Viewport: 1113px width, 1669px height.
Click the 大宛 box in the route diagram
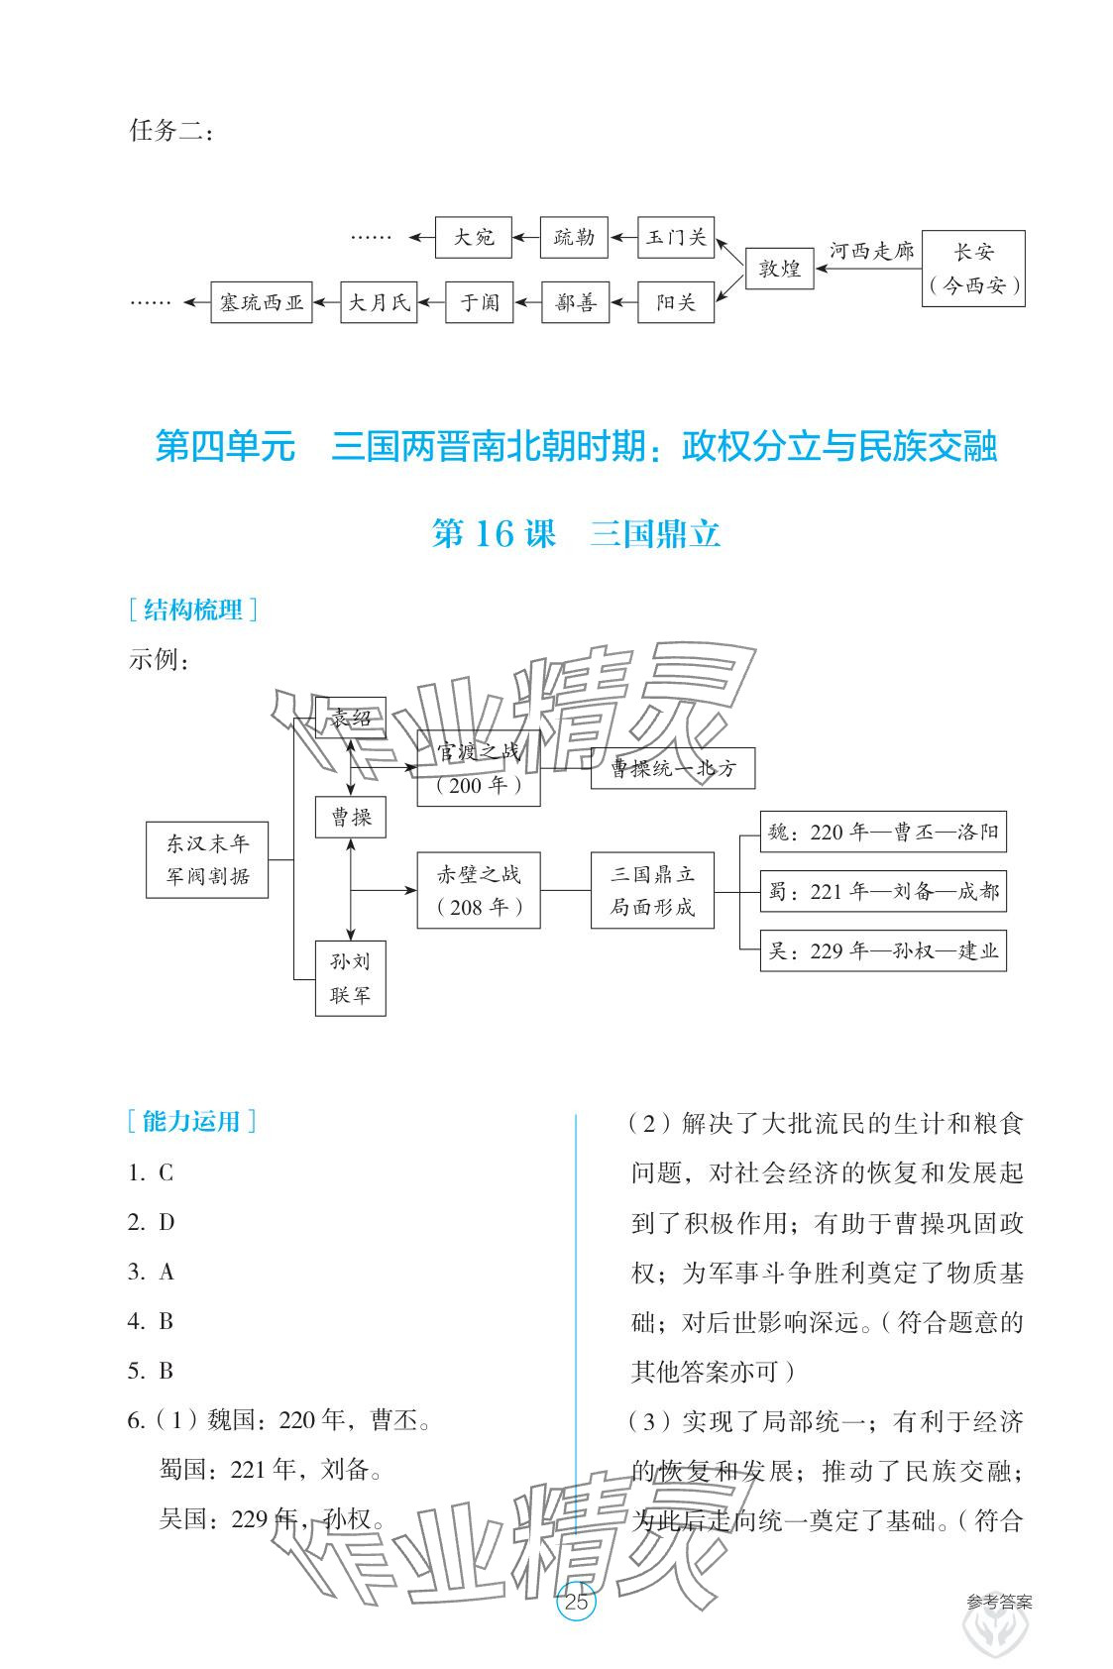point(473,238)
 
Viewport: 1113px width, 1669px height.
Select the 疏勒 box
point(574,238)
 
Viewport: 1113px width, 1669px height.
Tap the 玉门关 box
point(676,238)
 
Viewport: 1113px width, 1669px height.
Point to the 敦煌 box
point(779,268)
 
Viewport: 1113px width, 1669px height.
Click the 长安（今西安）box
point(973,269)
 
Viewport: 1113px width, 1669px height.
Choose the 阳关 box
point(676,302)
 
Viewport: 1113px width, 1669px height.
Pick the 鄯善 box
point(576,302)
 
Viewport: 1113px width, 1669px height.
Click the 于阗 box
point(480,302)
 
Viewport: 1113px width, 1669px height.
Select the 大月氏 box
point(379,302)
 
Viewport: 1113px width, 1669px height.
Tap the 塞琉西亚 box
point(262,302)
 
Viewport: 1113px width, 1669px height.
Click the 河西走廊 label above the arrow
point(871,251)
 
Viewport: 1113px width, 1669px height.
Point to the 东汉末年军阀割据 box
point(207,859)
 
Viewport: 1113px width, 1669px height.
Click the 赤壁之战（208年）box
point(479,890)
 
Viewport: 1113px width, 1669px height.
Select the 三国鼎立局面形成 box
point(652,890)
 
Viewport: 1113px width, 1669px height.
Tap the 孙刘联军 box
point(351,978)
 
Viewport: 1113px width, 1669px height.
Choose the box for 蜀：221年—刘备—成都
point(883,891)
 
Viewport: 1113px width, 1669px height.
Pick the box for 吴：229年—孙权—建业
point(883,951)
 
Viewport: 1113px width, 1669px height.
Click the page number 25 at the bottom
point(576,1601)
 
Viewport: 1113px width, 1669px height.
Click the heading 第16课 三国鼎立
point(576,535)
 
